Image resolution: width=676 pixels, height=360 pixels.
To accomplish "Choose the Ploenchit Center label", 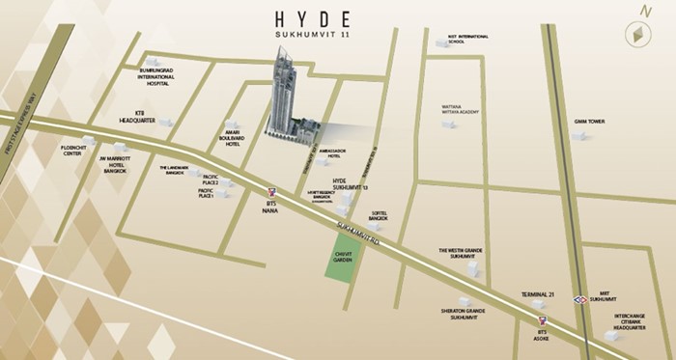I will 71,151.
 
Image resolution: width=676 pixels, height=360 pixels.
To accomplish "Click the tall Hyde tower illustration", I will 287,97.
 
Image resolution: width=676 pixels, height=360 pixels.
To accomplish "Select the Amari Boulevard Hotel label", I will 238,135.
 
